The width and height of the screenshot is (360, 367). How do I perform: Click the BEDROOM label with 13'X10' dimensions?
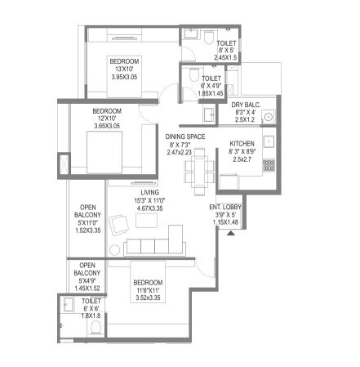pyautogui.click(x=126, y=61)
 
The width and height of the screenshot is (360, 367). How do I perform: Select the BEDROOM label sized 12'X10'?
pyautogui.click(x=106, y=111)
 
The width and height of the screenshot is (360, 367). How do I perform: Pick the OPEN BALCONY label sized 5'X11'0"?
pyautogui.click(x=89, y=208)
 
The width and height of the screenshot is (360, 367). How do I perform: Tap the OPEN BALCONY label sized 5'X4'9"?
pyautogui.click(x=89, y=266)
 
